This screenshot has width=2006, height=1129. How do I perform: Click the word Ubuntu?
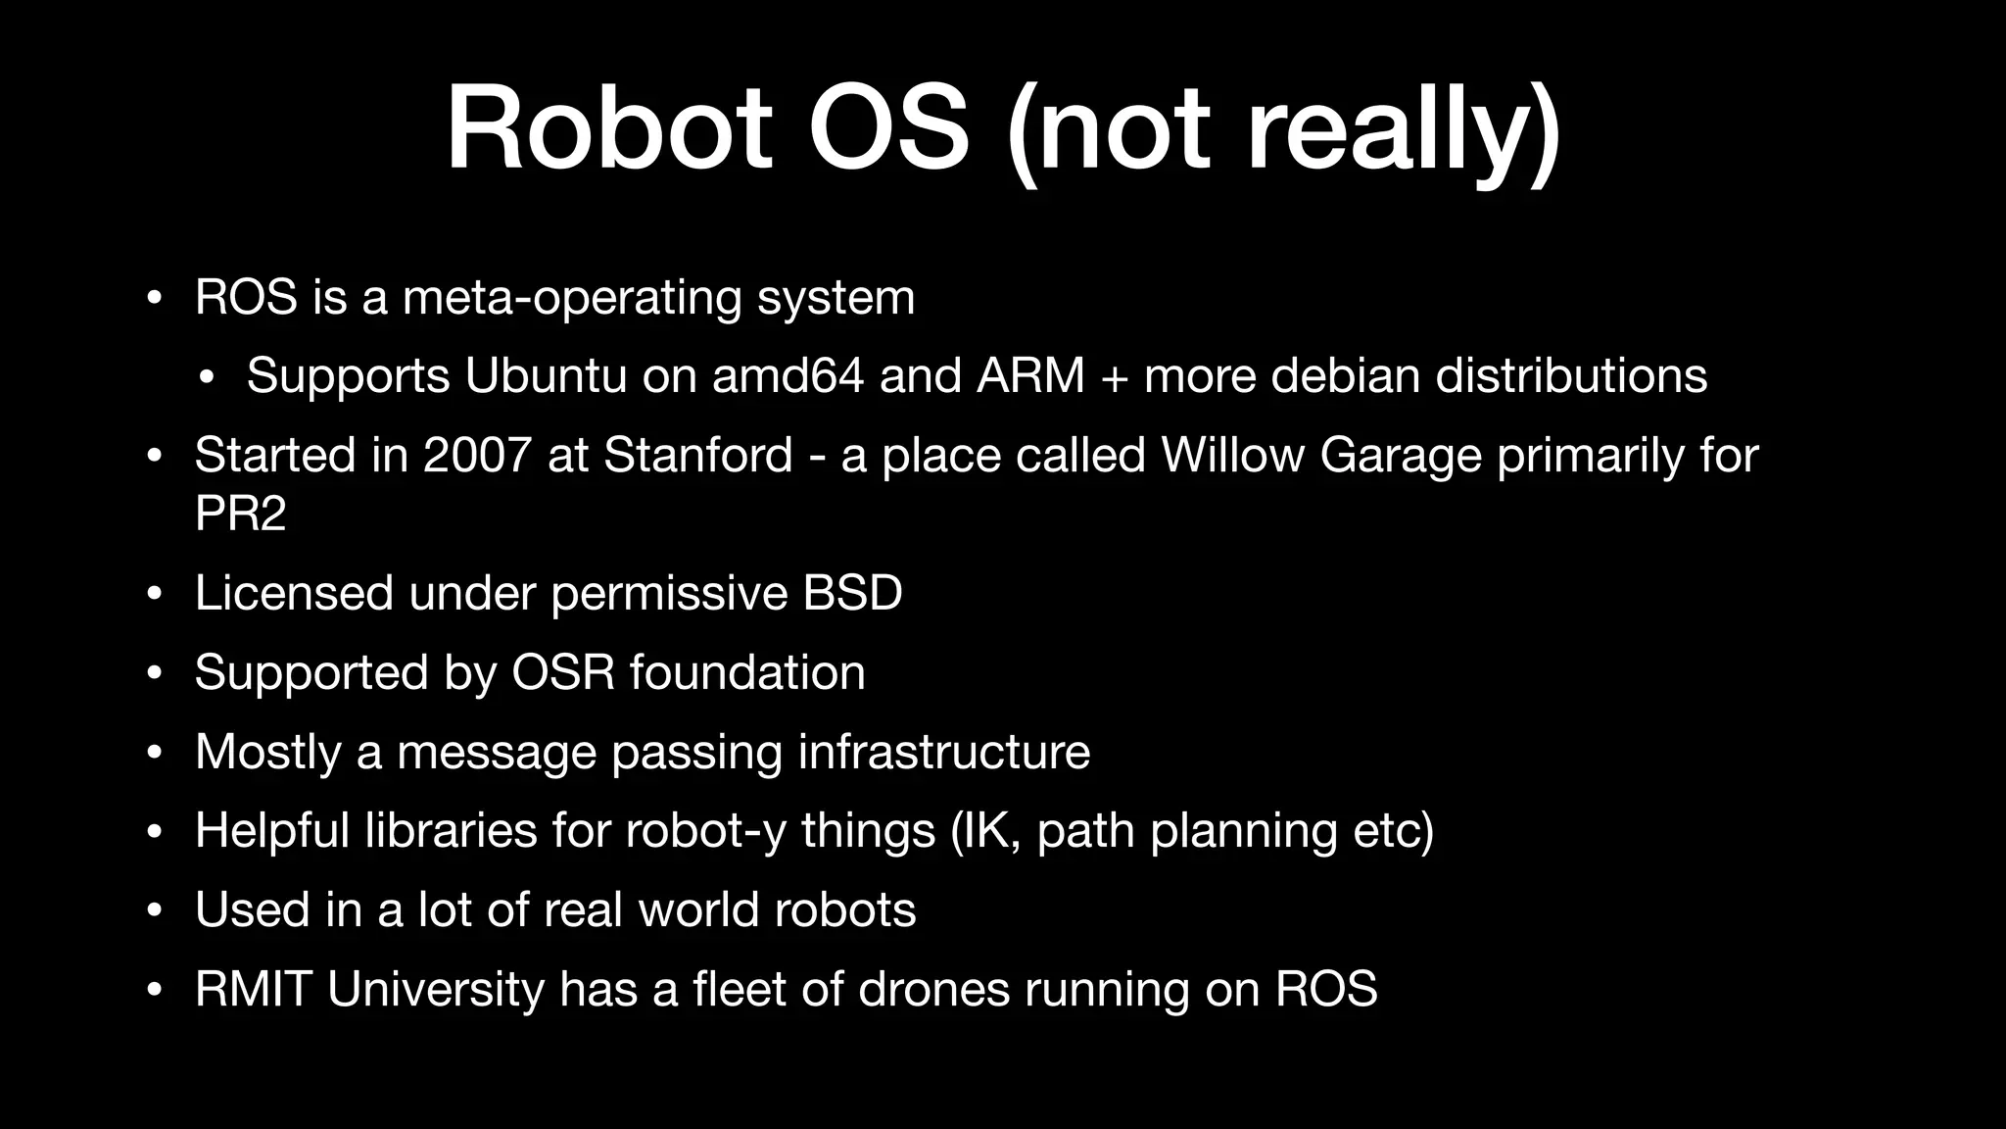(546, 375)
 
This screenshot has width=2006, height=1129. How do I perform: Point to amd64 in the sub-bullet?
(788, 375)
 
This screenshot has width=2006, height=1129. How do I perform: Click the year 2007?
(476, 455)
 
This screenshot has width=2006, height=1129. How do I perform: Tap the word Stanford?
(697, 455)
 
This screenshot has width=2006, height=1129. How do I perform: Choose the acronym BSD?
(852, 593)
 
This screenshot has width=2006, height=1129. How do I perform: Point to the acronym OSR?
(563, 672)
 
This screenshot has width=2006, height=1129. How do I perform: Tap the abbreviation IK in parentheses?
(986, 831)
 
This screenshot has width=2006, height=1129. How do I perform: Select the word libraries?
(451, 831)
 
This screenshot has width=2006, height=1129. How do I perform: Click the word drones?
(933, 989)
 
